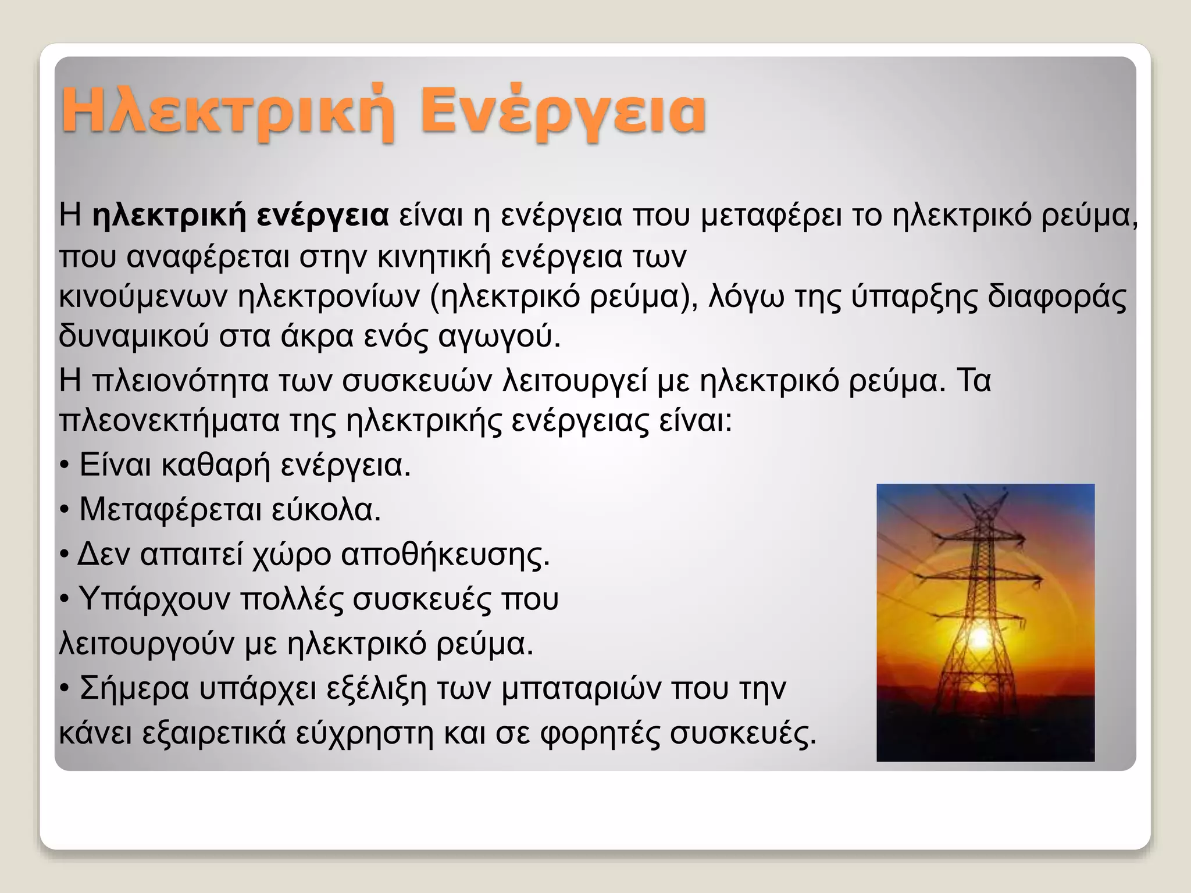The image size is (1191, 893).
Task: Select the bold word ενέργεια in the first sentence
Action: [323, 216]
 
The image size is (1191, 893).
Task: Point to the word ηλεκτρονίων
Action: [329, 297]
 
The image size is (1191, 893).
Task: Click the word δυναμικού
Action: [134, 337]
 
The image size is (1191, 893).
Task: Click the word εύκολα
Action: [326, 510]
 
